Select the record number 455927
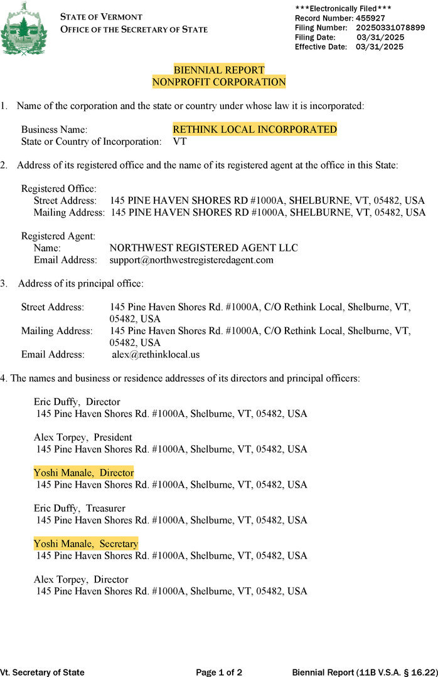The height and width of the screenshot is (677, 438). [368, 18]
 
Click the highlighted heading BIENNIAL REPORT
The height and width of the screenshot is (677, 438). [219, 70]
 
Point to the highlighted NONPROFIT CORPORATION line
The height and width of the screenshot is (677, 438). [219, 81]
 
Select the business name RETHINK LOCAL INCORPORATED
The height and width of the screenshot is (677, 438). [255, 130]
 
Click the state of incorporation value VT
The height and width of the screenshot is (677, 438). [179, 142]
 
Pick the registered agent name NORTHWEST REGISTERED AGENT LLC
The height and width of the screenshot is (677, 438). [203, 248]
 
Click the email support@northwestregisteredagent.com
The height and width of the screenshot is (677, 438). [191, 260]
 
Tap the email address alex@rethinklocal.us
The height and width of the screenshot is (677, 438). [156, 354]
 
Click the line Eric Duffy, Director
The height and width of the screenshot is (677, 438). [77, 402]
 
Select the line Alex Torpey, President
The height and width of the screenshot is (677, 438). [83, 437]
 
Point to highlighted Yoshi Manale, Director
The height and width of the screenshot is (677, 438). [83, 473]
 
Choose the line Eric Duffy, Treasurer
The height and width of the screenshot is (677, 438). [79, 508]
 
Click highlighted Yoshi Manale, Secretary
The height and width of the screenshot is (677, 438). [86, 544]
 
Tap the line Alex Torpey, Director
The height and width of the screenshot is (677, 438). [80, 579]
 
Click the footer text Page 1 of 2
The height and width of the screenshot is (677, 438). [219, 673]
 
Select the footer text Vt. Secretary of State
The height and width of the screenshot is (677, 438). [42, 673]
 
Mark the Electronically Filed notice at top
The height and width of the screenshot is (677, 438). [343, 8]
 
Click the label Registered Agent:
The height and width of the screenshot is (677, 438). [58, 236]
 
